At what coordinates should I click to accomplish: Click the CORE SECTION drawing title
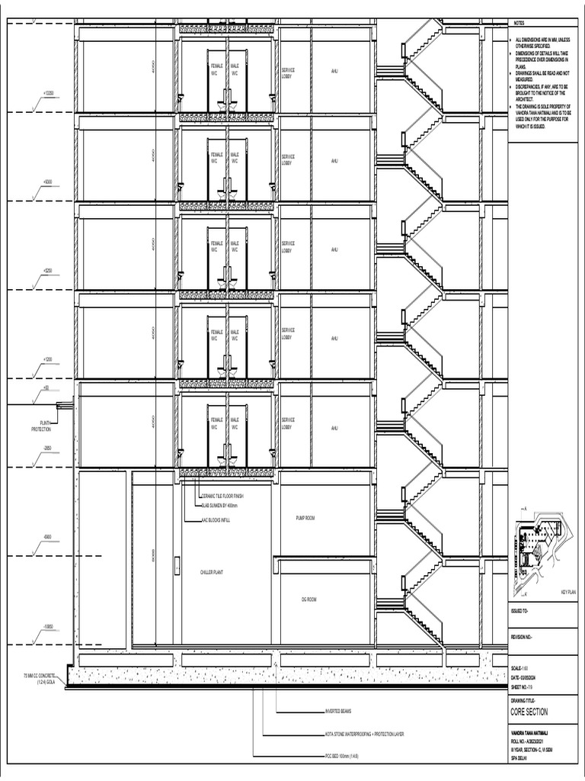[x=529, y=712]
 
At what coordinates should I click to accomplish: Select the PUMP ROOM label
[x=306, y=518]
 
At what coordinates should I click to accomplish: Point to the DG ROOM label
[x=308, y=599]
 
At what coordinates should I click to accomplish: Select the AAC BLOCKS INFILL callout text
[x=216, y=519]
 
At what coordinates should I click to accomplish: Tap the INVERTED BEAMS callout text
[x=340, y=712]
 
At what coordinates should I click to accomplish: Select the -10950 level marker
[x=47, y=626]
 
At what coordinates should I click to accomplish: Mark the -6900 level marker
[x=47, y=537]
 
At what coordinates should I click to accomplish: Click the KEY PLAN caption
[x=568, y=592]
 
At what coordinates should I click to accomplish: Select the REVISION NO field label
[x=523, y=636]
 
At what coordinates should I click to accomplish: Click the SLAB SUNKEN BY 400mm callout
[x=220, y=506]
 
